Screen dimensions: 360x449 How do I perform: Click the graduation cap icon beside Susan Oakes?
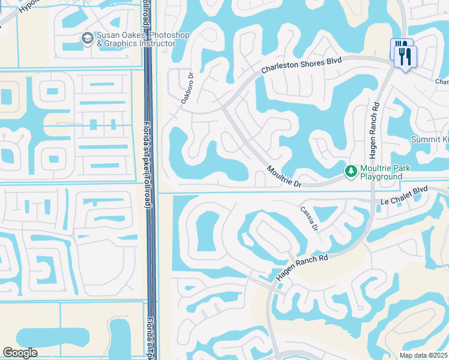(88, 38)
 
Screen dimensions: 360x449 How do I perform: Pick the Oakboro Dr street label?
(188, 89)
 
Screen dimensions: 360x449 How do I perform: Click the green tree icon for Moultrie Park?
(351, 172)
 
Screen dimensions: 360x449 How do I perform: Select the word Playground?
(381, 177)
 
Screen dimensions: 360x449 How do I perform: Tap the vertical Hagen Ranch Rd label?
(373, 130)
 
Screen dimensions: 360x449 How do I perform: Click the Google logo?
(20, 353)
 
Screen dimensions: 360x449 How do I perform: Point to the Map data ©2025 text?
(424, 355)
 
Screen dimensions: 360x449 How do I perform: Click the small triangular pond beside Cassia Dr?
(325, 213)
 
